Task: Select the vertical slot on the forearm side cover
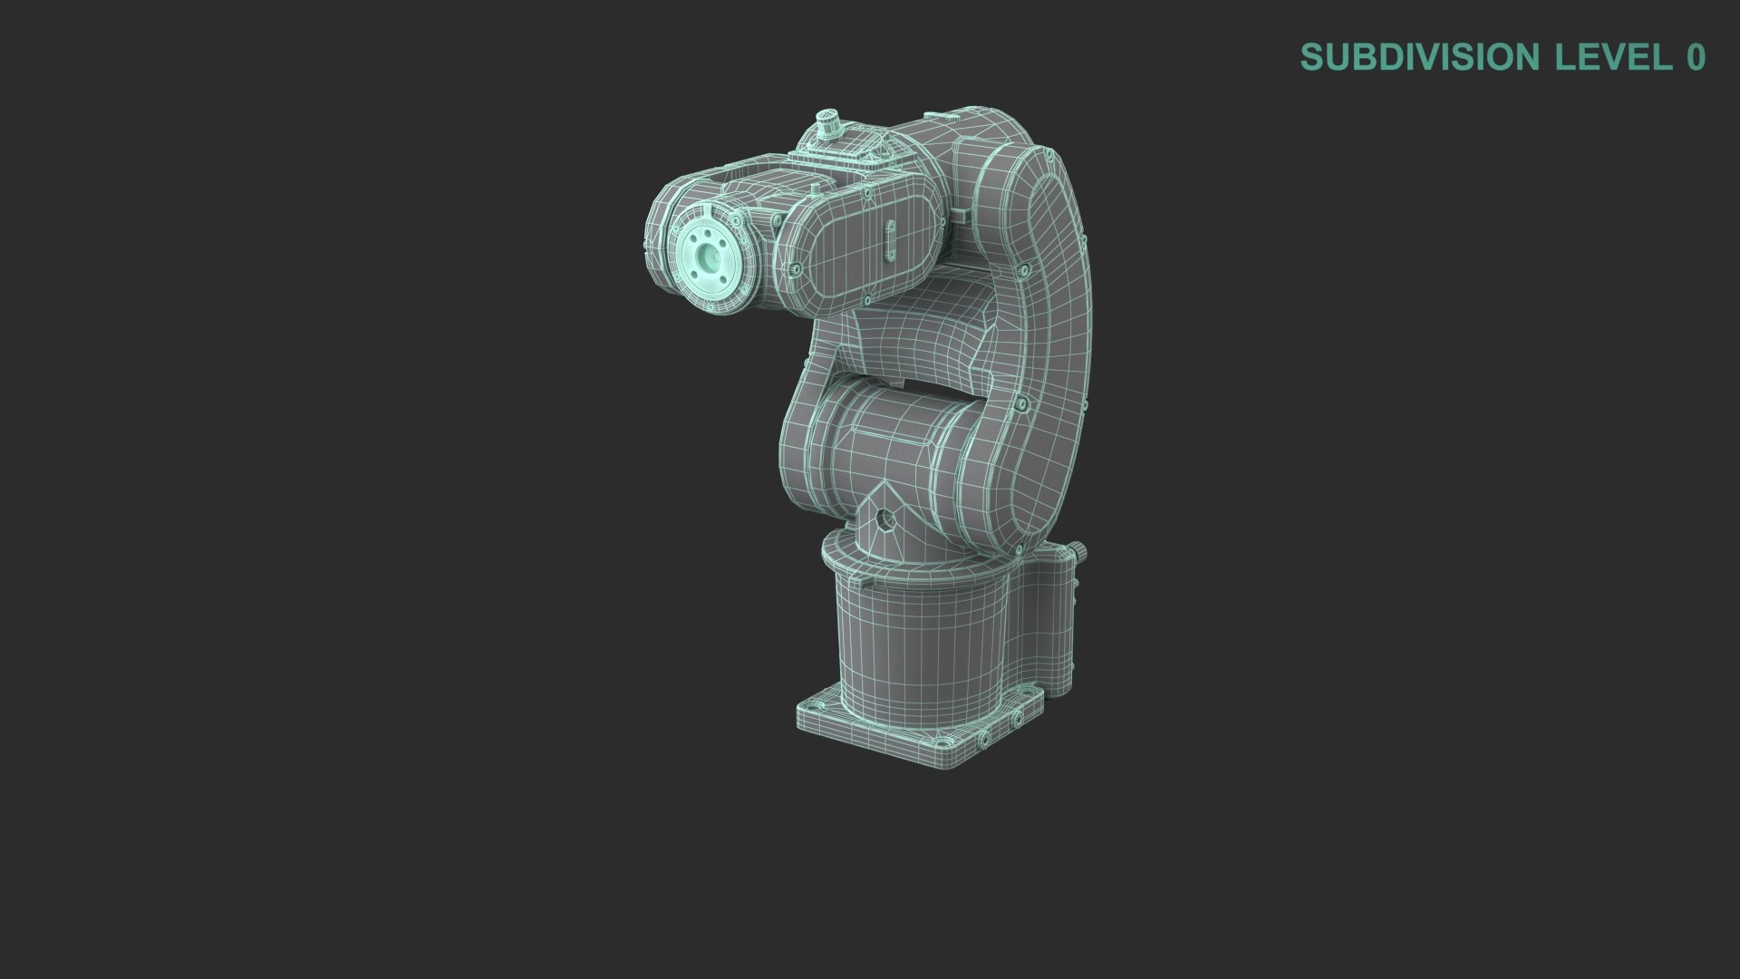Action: tap(890, 239)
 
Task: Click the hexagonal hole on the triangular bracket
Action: tap(885, 519)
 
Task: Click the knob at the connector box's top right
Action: tap(1079, 550)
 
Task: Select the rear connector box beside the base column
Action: tap(1051, 625)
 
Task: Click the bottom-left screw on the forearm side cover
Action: tap(796, 269)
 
